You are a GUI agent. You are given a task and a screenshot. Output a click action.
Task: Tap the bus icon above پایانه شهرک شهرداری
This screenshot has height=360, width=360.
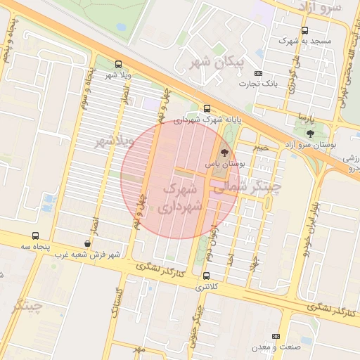pyautogui.click(x=206, y=108)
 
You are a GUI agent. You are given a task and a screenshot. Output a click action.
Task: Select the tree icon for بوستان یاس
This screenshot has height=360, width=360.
pyautogui.click(x=224, y=151)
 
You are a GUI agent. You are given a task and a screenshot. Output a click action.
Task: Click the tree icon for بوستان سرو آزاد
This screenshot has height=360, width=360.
pyautogui.click(x=310, y=134)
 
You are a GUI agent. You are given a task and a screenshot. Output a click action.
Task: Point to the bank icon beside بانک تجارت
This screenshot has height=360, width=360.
pyautogui.click(x=258, y=74)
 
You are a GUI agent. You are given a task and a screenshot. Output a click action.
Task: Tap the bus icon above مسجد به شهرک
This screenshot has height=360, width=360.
pyautogui.click(x=304, y=31)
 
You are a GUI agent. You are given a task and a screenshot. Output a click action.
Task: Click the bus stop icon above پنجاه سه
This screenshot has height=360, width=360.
pyautogui.click(x=36, y=236)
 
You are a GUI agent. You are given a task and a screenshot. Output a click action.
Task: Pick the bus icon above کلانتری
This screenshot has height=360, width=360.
pyautogui.click(x=206, y=276)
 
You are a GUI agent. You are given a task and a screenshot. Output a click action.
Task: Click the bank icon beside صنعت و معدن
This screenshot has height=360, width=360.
pyautogui.click(x=276, y=337)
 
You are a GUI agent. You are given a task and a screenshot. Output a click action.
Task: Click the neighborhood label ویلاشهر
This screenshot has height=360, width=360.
pyautogui.click(x=114, y=141)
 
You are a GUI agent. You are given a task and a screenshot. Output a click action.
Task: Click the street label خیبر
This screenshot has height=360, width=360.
pyautogui.click(x=261, y=148)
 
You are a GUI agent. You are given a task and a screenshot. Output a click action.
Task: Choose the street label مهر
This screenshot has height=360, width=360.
pyautogui.click(x=139, y=349)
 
